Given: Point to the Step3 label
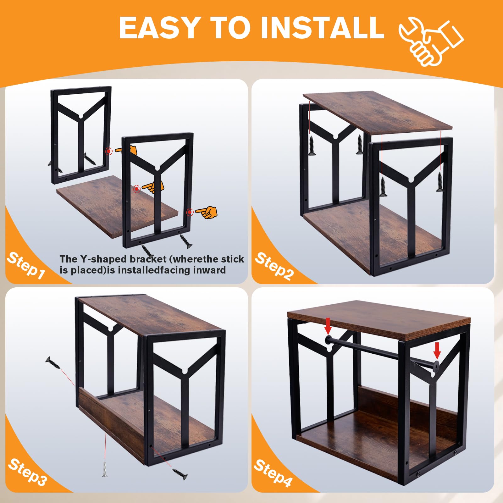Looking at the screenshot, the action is [x=28, y=472].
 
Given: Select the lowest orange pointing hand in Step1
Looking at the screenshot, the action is [x=206, y=212].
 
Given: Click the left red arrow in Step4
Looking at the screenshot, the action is [x=328, y=326].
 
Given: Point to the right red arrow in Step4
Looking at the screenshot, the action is [x=437, y=351].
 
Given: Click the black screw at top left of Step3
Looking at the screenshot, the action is [x=52, y=363].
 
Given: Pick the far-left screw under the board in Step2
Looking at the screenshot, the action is [x=312, y=146].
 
